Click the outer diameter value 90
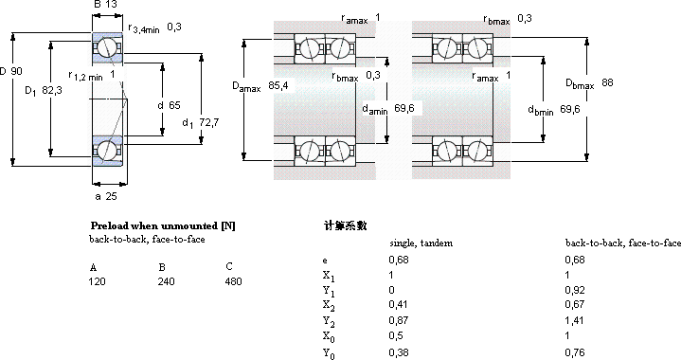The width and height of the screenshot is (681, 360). (x=16, y=71)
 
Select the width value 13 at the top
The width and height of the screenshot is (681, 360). (x=111, y=5)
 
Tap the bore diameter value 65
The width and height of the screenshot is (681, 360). (x=174, y=105)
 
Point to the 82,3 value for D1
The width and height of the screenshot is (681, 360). (x=52, y=90)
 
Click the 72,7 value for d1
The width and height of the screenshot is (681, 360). (x=209, y=122)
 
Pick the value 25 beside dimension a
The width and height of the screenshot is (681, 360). (x=111, y=196)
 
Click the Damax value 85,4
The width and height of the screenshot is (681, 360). (x=278, y=85)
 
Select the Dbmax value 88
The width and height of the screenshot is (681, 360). (x=608, y=82)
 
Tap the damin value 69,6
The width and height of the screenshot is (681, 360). (x=404, y=108)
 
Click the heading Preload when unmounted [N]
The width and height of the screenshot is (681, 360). (x=163, y=225)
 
